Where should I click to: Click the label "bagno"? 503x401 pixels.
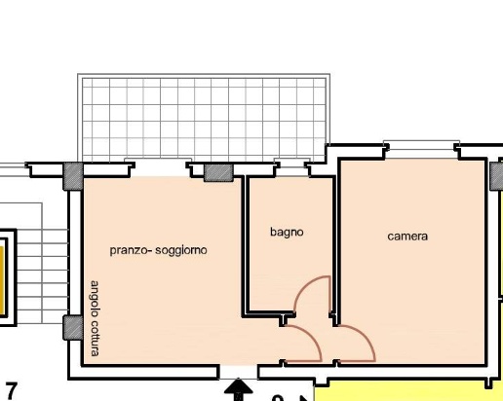click(x=287, y=233)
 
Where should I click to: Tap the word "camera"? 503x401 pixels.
click(x=407, y=237)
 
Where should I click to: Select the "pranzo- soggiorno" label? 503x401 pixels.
click(x=158, y=250)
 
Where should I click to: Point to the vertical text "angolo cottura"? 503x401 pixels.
click(x=95, y=318)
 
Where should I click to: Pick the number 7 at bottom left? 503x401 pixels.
click(x=11, y=391)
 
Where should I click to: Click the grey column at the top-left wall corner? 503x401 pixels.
click(x=73, y=176)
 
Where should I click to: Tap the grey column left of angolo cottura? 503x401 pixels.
click(x=73, y=328)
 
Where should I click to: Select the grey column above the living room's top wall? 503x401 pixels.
click(x=218, y=173)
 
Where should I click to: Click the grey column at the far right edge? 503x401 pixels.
click(x=496, y=176)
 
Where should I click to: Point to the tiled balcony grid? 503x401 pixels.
click(x=204, y=118)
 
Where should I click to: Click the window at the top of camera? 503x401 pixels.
click(x=422, y=145)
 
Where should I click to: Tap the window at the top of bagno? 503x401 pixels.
click(x=291, y=163)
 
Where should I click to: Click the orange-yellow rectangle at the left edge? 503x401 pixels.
click(x=1, y=280)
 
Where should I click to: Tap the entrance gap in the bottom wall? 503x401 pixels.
click(x=239, y=372)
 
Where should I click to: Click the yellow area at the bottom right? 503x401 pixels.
click(x=408, y=393)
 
